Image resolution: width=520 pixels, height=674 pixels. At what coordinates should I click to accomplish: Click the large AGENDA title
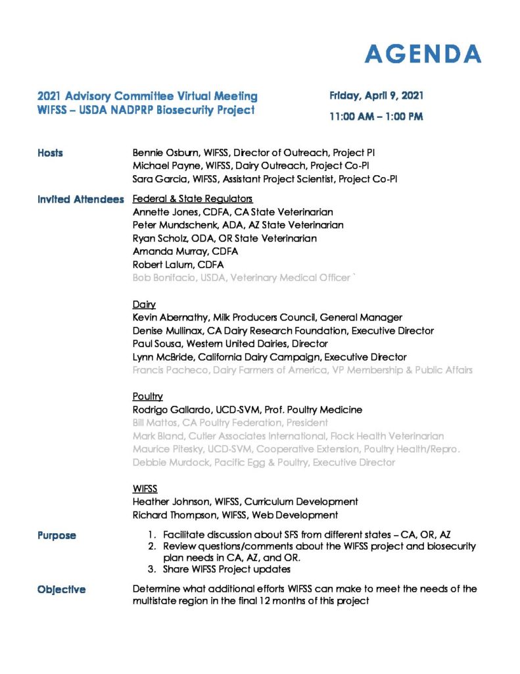[423, 54]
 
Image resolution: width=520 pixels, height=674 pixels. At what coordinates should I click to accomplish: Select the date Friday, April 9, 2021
[376, 96]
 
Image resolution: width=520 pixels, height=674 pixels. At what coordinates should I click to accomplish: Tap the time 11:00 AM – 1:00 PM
[376, 117]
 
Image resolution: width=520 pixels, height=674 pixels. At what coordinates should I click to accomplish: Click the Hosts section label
[51, 153]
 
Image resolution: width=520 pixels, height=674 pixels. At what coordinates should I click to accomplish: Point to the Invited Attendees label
[80, 199]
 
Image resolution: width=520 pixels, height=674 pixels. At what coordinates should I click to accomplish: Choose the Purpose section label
[57, 536]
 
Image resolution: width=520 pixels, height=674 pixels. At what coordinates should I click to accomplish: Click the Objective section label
[62, 589]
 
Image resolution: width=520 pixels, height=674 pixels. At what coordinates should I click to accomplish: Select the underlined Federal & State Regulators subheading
[193, 199]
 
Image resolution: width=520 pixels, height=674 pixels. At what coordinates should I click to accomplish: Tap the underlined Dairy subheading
[144, 305]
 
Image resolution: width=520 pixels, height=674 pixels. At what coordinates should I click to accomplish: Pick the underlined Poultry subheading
[148, 397]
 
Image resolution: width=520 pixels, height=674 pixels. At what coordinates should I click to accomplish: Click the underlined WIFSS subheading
[145, 489]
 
